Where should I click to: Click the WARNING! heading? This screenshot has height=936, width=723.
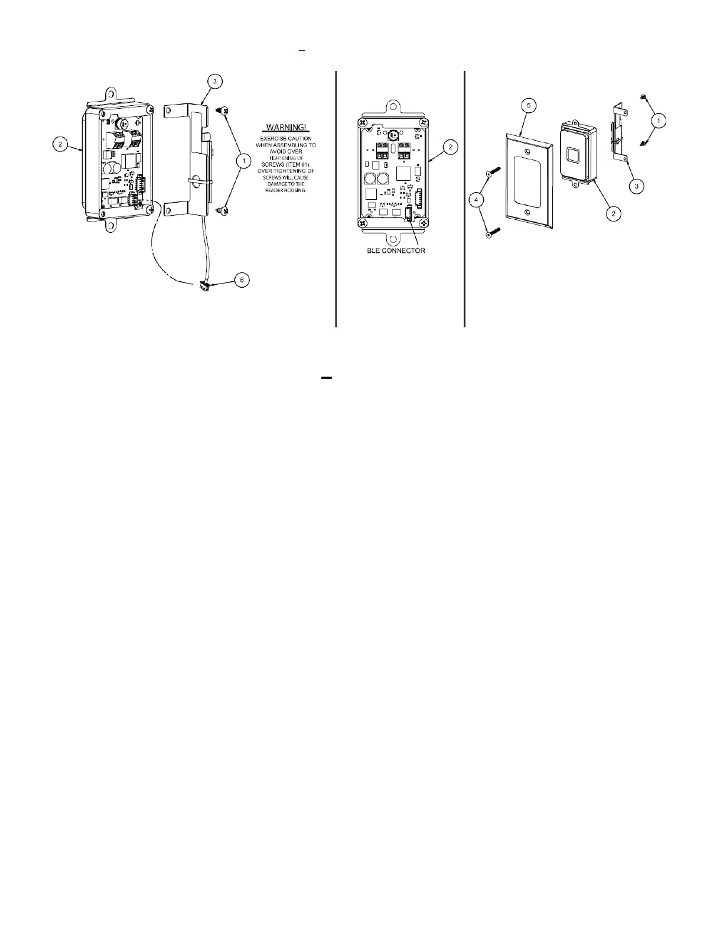click(x=286, y=128)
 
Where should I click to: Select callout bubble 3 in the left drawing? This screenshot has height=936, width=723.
click(x=214, y=81)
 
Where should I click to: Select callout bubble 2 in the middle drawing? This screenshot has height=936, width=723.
click(x=450, y=146)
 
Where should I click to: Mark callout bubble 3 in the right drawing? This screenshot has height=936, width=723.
click(x=636, y=186)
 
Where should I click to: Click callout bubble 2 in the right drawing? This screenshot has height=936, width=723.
click(x=614, y=213)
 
